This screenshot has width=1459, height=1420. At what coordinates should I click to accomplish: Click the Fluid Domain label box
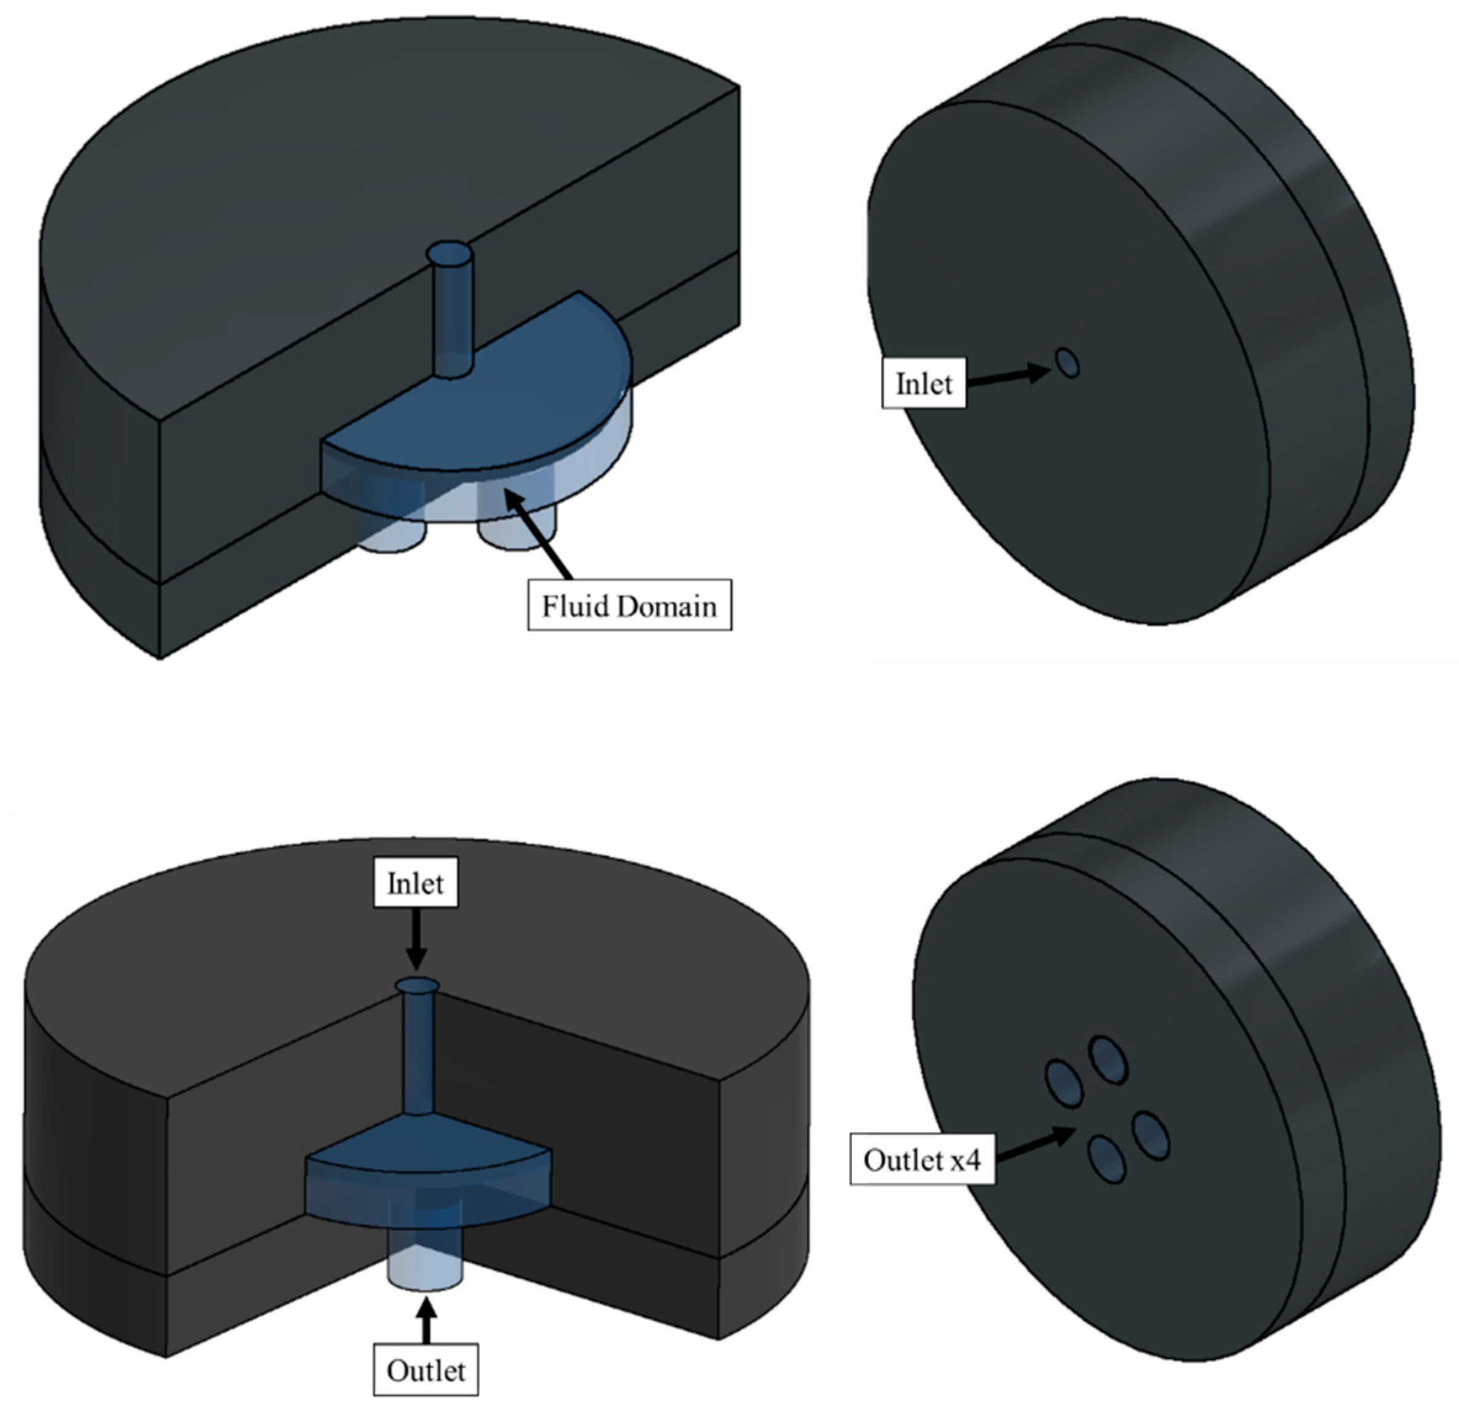(629, 605)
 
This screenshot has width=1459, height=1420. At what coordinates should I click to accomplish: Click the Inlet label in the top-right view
(923, 384)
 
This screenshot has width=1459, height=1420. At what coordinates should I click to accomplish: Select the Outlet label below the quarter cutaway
(425, 1370)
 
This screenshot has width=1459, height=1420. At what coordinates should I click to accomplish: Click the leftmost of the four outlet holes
(1064, 1084)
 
